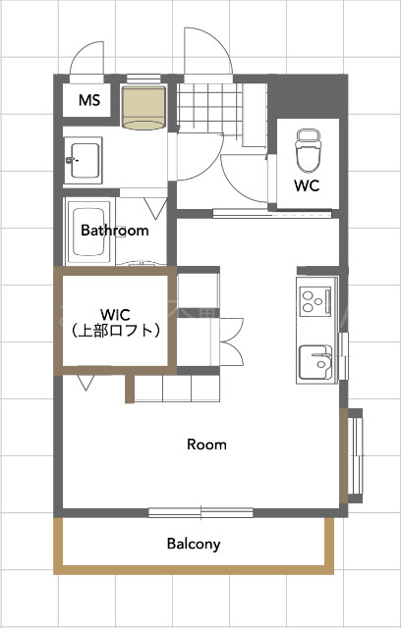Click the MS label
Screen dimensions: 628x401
87,99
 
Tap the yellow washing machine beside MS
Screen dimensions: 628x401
143,106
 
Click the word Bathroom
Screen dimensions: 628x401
115,232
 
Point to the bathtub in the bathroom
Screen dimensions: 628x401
88,233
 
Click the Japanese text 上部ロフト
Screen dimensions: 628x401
115,332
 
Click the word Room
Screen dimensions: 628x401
206,445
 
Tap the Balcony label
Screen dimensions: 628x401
193,543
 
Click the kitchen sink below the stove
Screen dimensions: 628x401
316,360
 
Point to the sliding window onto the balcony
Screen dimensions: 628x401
200,511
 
